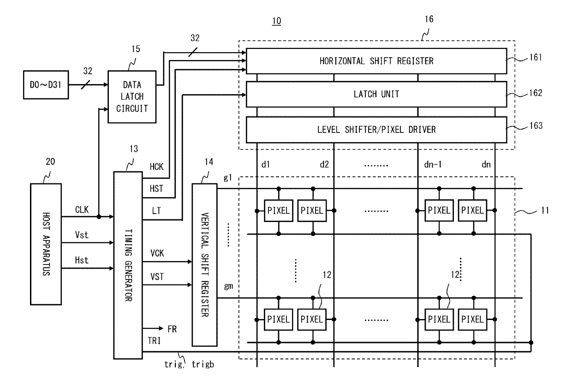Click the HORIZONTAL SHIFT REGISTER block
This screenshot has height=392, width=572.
(x=376, y=61)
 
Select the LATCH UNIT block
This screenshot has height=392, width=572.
(x=376, y=94)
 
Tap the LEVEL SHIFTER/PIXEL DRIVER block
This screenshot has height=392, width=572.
(x=376, y=130)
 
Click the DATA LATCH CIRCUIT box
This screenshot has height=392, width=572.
(x=132, y=97)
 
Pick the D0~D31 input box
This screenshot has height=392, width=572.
(x=46, y=85)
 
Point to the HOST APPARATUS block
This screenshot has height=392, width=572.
(x=46, y=244)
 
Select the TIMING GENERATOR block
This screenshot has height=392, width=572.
(x=128, y=265)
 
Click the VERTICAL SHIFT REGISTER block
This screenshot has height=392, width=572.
(x=205, y=265)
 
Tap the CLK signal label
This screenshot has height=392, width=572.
(x=82, y=210)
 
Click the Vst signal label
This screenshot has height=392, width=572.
(x=82, y=235)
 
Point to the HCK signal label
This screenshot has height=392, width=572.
(x=156, y=167)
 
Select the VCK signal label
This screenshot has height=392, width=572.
(x=157, y=253)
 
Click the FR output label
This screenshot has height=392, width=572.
(x=172, y=329)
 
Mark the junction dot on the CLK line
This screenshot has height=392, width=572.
(x=99, y=217)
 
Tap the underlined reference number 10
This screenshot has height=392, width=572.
(x=277, y=21)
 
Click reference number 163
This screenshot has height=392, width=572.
(x=536, y=126)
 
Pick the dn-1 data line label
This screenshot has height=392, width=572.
(x=433, y=164)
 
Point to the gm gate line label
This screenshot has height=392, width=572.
(x=228, y=286)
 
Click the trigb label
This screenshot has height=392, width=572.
(x=203, y=364)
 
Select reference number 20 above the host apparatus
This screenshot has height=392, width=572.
(x=50, y=162)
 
